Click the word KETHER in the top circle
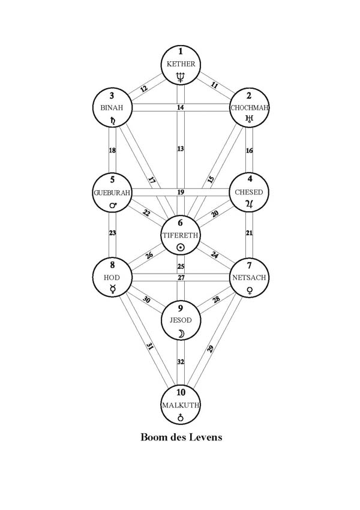pyautogui.click(x=180, y=64)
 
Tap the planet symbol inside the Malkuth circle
pyautogui.click(x=180, y=418)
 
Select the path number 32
pyautogui.click(x=180, y=363)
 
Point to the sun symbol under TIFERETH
pyautogui.click(x=180, y=247)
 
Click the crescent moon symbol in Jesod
pyautogui.click(x=180, y=334)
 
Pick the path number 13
pyautogui.click(x=180, y=148)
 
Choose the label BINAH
pyautogui.click(x=112, y=107)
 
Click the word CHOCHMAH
pyautogui.click(x=250, y=108)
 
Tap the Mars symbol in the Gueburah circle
pyautogui.click(x=112, y=206)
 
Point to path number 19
pyautogui.click(x=180, y=193)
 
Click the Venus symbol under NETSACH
pyautogui.click(x=249, y=290)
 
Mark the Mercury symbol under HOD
pyautogui.click(x=112, y=290)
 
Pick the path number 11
pyautogui.click(x=215, y=86)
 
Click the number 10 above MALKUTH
pyautogui.click(x=180, y=393)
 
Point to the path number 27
pyautogui.click(x=180, y=277)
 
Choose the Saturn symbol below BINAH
pyautogui.click(x=112, y=121)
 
